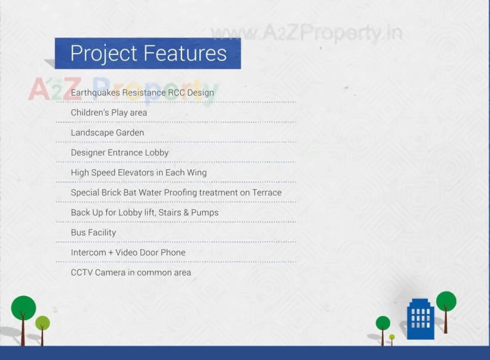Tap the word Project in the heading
(103, 54)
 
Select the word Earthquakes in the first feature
(95, 93)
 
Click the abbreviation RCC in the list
(176, 93)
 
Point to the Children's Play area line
(109, 112)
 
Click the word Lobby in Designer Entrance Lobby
(157, 153)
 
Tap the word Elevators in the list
(136, 173)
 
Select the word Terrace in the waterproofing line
(267, 192)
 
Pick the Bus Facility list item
(93, 233)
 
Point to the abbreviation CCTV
(82, 272)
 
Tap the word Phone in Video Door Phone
(173, 252)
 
